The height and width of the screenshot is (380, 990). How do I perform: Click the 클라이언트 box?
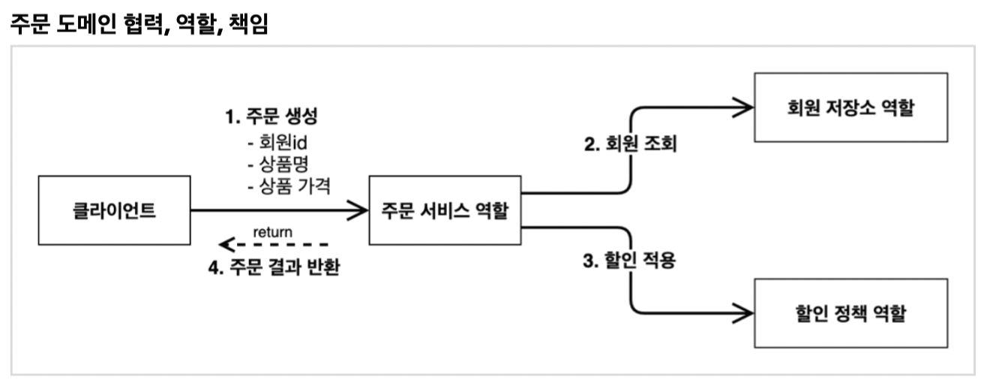114,210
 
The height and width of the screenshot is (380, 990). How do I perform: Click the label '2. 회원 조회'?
630,143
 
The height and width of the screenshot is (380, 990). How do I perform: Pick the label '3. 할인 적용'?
630,263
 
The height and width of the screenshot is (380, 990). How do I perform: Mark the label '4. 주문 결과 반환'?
273,268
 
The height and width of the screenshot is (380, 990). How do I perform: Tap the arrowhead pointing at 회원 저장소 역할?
743,107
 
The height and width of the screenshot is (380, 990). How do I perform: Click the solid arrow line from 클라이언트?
270,210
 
